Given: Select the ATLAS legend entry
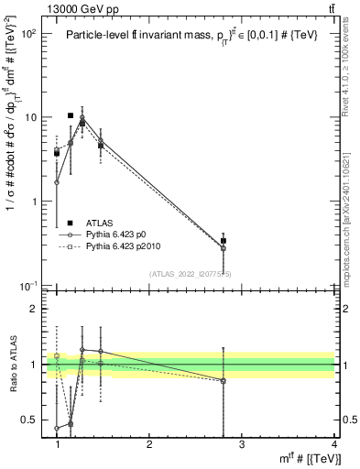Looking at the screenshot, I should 100,223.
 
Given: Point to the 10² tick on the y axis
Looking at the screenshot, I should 27,34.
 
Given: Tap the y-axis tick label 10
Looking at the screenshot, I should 30,118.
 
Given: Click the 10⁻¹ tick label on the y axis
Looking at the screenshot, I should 27,286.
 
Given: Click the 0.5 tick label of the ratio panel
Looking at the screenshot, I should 30,420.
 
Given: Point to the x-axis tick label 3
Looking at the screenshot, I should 242,444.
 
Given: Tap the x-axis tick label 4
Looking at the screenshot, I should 333,444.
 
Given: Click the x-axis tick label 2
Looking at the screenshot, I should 150,444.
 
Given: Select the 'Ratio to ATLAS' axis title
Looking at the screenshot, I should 12,365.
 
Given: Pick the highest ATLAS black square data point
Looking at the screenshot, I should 71,116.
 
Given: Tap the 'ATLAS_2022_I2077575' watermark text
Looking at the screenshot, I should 191,273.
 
